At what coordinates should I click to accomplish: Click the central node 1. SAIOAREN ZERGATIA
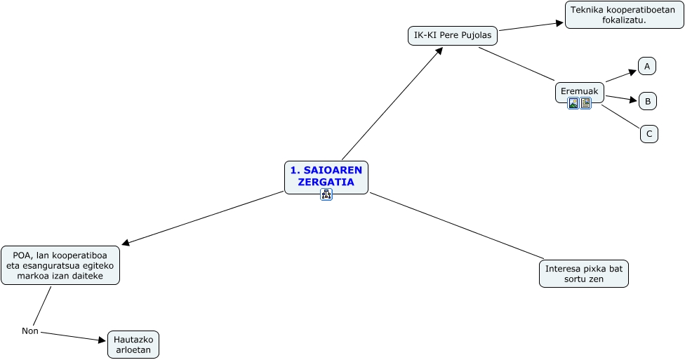click(x=326, y=176)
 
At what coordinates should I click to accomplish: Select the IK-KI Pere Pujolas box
click(x=453, y=35)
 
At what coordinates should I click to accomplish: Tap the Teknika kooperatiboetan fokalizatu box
click(x=614, y=15)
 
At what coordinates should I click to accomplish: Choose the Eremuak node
click(x=579, y=91)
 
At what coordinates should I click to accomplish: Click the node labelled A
click(x=647, y=67)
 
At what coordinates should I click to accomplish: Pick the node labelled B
click(x=647, y=101)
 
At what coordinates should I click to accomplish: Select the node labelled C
click(x=649, y=133)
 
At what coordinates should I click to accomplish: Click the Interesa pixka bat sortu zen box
click(x=583, y=274)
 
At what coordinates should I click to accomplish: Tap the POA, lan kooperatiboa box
click(x=60, y=265)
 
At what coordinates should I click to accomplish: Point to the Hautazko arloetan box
click(x=133, y=345)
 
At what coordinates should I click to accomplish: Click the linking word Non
click(x=29, y=331)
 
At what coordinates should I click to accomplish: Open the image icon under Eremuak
click(x=573, y=104)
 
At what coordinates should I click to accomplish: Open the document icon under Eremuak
click(x=585, y=104)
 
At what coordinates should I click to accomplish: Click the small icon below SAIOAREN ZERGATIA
click(x=326, y=194)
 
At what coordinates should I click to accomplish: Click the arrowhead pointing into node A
click(x=632, y=71)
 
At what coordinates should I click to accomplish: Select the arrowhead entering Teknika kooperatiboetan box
click(x=560, y=22)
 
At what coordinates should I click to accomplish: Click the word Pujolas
click(x=477, y=35)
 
